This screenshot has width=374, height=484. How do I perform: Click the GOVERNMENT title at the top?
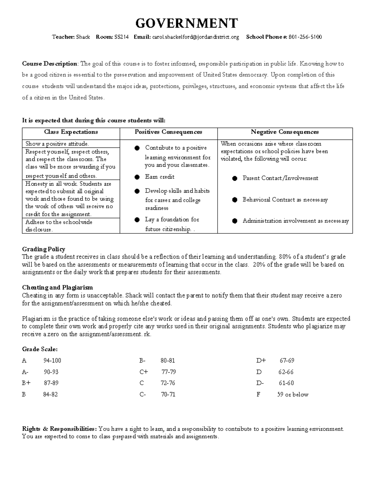pos(187,23)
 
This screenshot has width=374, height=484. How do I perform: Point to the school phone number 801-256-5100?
pos(305,37)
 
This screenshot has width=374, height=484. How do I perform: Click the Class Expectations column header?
pos(71,132)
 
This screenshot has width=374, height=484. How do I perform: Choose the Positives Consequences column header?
pos(168,132)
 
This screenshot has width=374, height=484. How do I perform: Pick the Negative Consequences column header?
pos(285,132)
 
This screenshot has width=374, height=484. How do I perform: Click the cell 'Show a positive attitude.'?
pos(57,144)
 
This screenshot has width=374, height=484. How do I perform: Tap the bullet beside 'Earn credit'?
pos(137,177)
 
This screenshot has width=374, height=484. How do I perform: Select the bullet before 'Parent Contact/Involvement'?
pos(235,179)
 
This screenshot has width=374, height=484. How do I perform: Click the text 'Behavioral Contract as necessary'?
pos(285,200)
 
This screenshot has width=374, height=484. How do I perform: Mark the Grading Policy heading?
pos(44,249)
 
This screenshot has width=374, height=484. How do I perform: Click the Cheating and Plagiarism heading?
pos(57,287)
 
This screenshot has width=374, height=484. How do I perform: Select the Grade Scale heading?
pos(40,349)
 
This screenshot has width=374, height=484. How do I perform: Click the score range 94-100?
pos(52,361)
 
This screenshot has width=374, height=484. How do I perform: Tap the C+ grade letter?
pos(144,372)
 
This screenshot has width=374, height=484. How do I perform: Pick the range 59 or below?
pos(293,395)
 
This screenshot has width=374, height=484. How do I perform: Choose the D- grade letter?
pos(260,383)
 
